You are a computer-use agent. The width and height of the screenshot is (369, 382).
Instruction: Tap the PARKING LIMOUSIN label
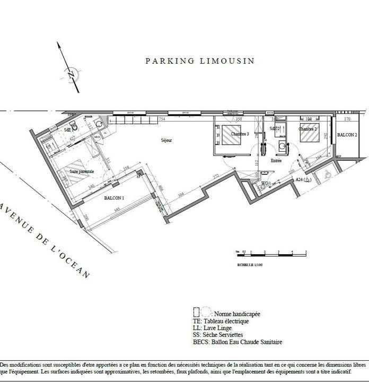click(x=200, y=61)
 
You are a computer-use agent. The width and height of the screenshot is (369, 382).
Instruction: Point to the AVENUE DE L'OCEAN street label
click(x=45, y=238)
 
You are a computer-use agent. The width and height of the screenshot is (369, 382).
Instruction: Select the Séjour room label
click(x=168, y=141)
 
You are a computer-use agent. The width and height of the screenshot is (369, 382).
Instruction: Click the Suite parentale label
click(x=83, y=171)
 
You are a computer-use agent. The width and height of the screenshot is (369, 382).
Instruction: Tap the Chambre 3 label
click(x=240, y=134)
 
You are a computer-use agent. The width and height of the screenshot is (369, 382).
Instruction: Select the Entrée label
click(x=276, y=160)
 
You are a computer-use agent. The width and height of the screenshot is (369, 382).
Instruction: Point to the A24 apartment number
click(x=303, y=180)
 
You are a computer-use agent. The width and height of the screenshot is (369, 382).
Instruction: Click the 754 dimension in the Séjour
click(x=162, y=120)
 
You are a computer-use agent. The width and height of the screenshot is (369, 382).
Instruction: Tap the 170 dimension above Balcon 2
click(x=347, y=120)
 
